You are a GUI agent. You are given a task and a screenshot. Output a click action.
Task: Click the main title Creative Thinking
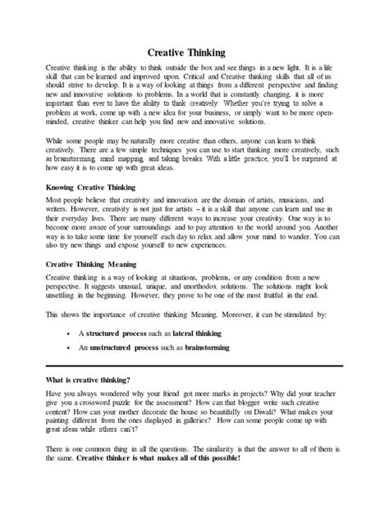tap(194, 51)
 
